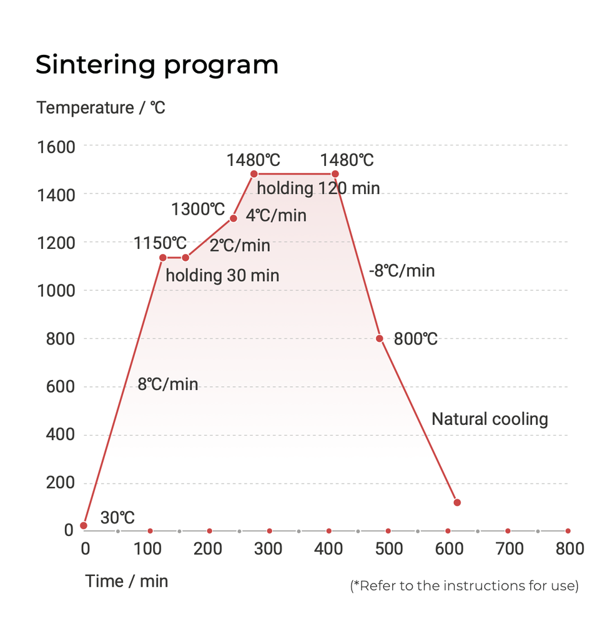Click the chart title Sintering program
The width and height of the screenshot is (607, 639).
click(157, 65)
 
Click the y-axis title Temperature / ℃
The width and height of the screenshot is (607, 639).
click(101, 108)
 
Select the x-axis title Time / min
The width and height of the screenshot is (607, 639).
click(127, 581)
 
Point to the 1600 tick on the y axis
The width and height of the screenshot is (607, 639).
click(56, 147)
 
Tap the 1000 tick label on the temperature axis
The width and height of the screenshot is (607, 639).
click(56, 291)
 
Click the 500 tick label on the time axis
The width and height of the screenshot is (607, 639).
click(388, 549)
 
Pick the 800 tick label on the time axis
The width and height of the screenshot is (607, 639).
click(569, 549)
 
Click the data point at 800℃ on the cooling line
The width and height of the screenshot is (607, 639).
click(380, 338)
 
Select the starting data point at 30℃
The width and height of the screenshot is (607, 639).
click(84, 525)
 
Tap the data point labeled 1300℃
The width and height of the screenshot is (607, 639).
click(234, 218)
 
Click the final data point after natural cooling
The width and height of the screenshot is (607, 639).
click(457, 502)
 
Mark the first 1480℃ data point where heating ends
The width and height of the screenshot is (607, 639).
click(254, 174)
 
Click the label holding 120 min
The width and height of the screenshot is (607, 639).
click(318, 188)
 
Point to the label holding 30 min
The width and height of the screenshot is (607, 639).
click(222, 275)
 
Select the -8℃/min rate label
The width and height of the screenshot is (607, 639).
click(402, 271)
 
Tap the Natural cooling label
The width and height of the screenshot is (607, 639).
click(490, 419)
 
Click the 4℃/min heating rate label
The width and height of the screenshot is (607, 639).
click(276, 216)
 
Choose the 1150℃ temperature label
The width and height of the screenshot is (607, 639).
click(160, 242)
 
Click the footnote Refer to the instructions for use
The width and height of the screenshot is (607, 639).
click(464, 586)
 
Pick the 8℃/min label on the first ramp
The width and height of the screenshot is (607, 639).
click(167, 384)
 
